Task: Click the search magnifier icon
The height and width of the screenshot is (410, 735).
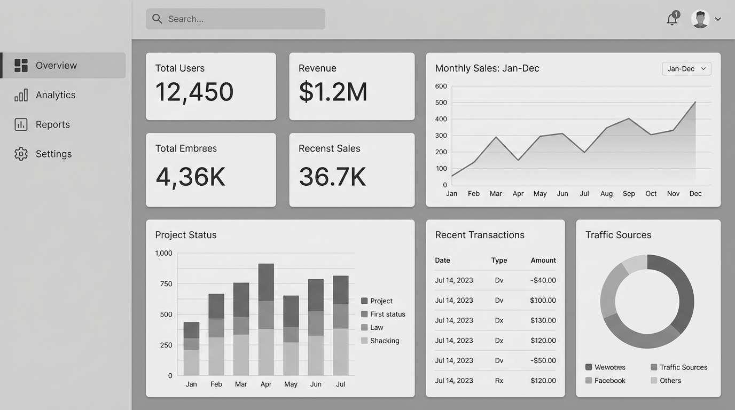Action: tap(157, 19)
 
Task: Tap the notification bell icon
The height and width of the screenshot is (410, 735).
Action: tap(672, 19)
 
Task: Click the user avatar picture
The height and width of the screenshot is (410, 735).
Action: tap(700, 19)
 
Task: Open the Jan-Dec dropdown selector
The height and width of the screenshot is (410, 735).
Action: tap(686, 68)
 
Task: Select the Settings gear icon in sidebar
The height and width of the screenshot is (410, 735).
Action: tap(21, 154)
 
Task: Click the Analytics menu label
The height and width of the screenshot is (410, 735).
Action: tap(56, 95)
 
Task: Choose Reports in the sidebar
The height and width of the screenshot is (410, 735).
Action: tap(53, 124)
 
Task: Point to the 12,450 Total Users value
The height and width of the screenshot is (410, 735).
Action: tap(194, 92)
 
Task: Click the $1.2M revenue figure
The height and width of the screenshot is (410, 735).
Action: tap(333, 92)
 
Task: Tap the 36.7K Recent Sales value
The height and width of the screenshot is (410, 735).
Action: tap(332, 177)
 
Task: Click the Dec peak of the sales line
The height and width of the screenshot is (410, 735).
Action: tap(695, 102)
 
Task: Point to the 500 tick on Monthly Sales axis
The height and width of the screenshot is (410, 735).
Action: tap(441, 102)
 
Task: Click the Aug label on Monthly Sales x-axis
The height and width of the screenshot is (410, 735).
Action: tap(606, 193)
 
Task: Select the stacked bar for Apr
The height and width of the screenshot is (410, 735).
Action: tap(266, 319)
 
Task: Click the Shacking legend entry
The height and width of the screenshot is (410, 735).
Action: tap(380, 341)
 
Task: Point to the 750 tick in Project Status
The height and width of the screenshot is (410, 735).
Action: tap(166, 283)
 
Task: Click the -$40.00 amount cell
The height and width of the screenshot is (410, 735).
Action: tap(543, 280)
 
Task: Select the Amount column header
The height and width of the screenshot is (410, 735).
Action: tap(543, 260)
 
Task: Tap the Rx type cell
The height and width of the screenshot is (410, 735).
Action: tap(499, 381)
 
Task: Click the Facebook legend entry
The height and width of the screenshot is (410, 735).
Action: tap(605, 381)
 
